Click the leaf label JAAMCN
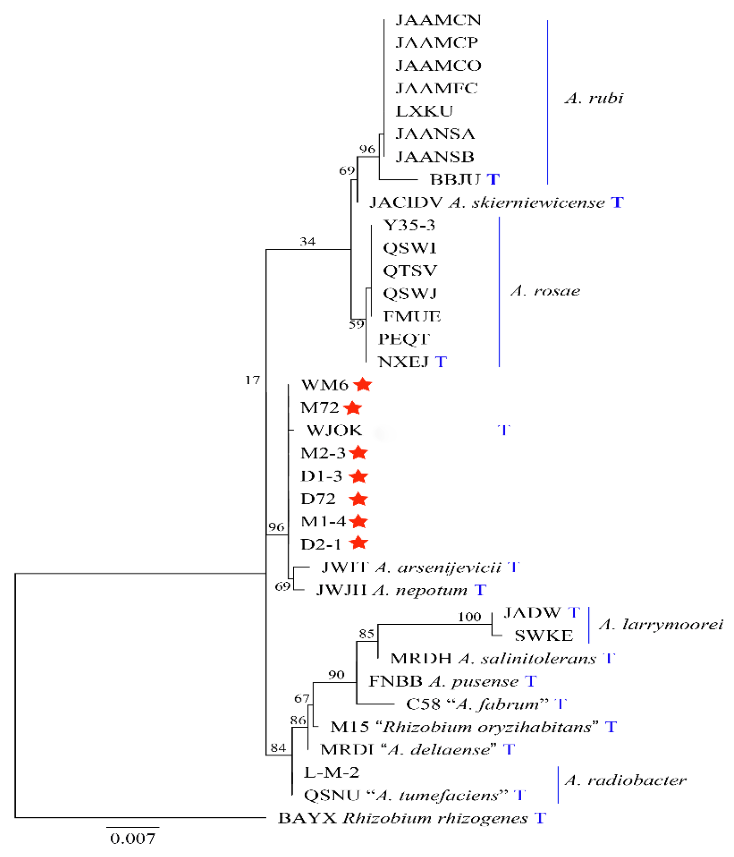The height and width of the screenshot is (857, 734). (x=439, y=20)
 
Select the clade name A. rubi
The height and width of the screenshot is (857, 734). (x=594, y=98)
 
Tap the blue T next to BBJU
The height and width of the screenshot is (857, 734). (x=493, y=179)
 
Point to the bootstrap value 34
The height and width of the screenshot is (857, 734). (x=307, y=241)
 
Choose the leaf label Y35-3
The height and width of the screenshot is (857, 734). (x=409, y=225)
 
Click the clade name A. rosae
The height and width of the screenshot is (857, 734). (x=545, y=291)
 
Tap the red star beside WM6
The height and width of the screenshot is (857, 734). (x=363, y=384)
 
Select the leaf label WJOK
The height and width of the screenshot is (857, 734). (x=334, y=430)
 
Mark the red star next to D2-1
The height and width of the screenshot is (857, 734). (x=359, y=543)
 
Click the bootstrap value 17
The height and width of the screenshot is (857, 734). (x=253, y=380)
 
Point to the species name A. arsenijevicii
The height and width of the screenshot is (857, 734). (x=438, y=567)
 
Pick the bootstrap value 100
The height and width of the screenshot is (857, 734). (x=469, y=617)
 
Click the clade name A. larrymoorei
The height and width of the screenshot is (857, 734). (x=661, y=625)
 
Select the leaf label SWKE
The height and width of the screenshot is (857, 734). (x=543, y=636)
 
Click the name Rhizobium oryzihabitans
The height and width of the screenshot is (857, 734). (x=487, y=727)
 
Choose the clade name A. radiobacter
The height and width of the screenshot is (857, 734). (x=626, y=780)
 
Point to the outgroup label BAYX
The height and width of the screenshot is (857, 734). (x=307, y=819)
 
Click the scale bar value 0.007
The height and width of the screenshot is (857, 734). (x=132, y=839)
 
